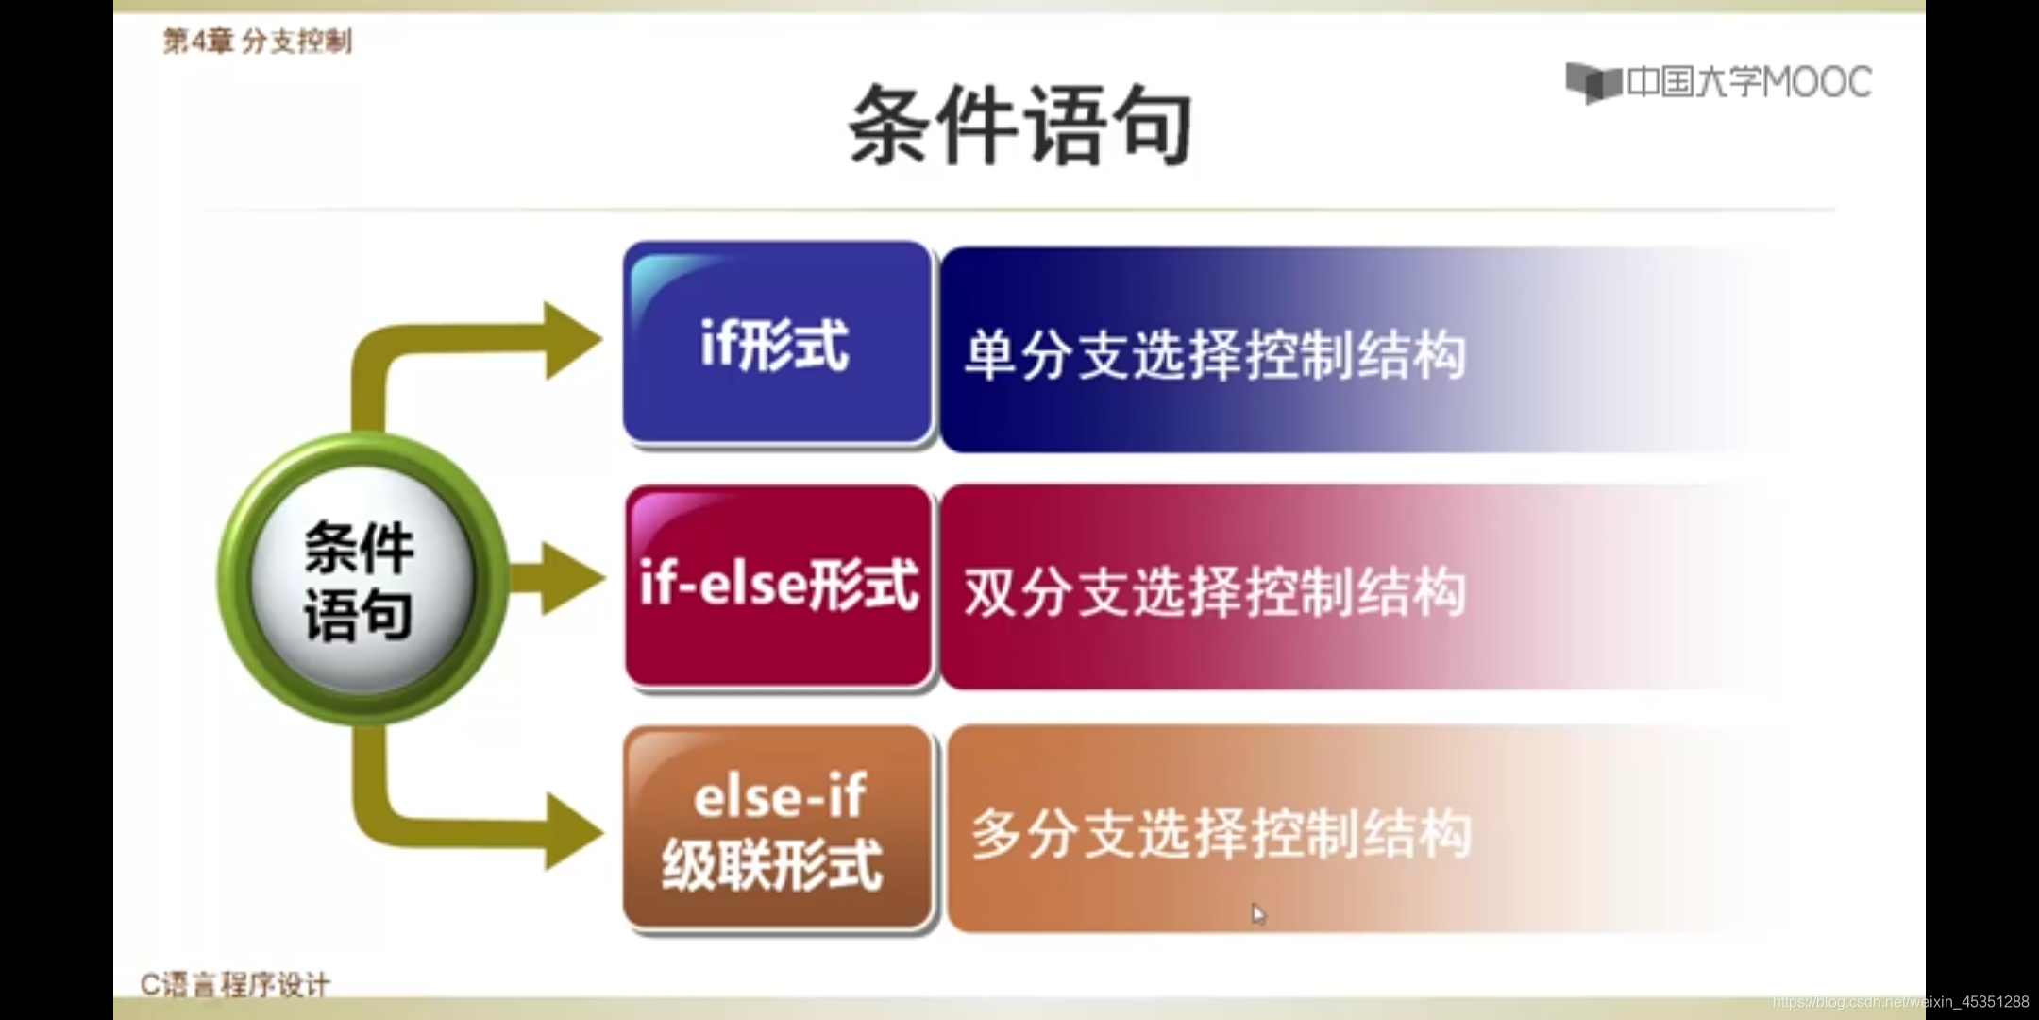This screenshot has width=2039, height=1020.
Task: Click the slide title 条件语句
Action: pos(1019,125)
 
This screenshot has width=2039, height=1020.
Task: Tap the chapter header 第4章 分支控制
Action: pos(257,42)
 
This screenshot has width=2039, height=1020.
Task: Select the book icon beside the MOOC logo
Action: pos(1593,83)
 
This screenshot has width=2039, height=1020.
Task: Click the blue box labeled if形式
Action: pos(776,343)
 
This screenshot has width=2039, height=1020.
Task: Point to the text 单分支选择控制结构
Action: pos(1215,355)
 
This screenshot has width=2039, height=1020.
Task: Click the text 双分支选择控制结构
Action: pos(1215,592)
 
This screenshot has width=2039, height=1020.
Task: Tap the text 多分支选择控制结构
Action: pos(1221,833)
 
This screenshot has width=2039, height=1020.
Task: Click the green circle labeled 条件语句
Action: pos(361,579)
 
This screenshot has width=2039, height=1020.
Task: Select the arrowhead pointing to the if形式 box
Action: pos(570,340)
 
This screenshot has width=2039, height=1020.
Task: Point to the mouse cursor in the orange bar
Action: pos(1257,913)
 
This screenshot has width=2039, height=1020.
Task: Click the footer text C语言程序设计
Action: pos(235,985)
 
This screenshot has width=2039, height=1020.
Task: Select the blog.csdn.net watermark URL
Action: pos(1899,1002)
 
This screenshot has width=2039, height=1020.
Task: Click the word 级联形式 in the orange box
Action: pos(772,864)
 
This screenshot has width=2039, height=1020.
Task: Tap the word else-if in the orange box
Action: pos(780,795)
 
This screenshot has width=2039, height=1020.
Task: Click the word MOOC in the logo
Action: pos(1817,82)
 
